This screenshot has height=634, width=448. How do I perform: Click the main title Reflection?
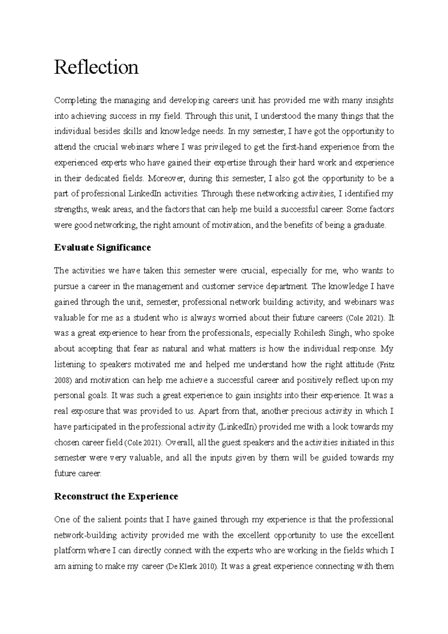coord(96,68)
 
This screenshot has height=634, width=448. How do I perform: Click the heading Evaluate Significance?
coord(102,248)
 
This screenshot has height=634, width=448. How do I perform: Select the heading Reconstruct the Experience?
coord(116,496)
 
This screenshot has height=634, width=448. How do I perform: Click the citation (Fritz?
coord(386,364)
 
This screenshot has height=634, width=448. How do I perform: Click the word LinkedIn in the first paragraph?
coord(144,194)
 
